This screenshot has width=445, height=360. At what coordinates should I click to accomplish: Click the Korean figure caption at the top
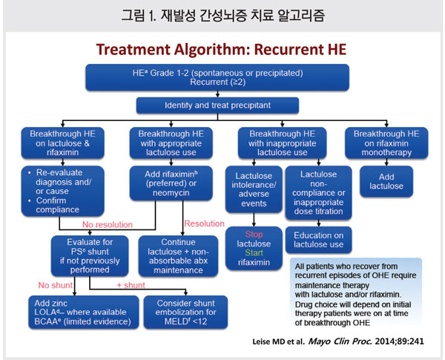coord(222,14)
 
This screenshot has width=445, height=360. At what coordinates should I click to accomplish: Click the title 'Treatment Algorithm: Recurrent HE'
coord(222,50)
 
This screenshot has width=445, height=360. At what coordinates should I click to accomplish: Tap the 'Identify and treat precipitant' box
coord(222,105)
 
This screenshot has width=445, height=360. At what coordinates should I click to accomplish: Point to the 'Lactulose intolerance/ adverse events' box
coord(254,189)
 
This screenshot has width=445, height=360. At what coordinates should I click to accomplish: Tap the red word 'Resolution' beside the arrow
coord(204,223)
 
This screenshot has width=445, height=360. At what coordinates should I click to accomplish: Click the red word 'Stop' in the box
coord(254,235)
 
